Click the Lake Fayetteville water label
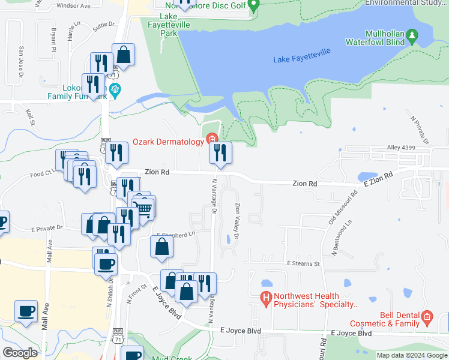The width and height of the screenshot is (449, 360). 302,59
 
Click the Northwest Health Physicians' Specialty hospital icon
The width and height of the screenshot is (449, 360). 265,297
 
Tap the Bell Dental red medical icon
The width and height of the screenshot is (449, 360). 427,316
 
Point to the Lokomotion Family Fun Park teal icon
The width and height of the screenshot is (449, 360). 116,91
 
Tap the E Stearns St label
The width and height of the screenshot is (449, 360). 304,263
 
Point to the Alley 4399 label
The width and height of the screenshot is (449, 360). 402,148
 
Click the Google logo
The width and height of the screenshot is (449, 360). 20,352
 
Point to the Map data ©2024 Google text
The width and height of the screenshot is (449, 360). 411,355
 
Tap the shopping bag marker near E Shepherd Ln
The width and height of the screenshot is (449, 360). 161,246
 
